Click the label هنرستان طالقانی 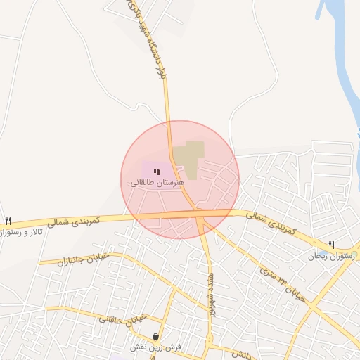[x=156, y=182]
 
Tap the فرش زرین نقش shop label [x=155, y=347]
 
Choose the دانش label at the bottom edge [x=239, y=355]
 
